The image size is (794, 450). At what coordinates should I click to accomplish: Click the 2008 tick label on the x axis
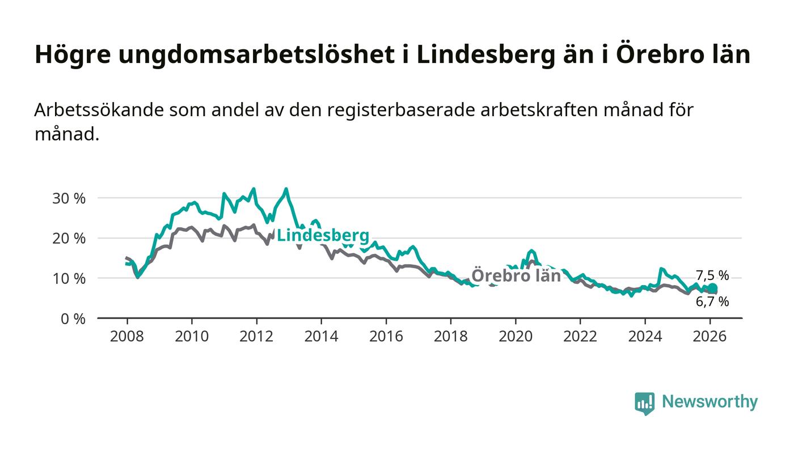click(127, 336)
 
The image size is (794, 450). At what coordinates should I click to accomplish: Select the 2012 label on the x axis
click(256, 336)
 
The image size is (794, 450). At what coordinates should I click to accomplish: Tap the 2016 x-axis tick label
click(386, 336)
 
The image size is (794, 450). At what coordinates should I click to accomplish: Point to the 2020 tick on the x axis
click(515, 336)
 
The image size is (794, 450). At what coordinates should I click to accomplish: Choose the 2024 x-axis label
click(645, 336)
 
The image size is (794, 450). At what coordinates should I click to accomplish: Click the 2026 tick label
click(709, 336)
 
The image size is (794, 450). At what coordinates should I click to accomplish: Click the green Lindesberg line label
click(323, 235)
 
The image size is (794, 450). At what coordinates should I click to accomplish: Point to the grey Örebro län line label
click(516, 276)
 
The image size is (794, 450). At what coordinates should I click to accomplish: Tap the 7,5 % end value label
click(712, 276)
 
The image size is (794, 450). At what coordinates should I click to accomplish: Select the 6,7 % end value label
click(712, 302)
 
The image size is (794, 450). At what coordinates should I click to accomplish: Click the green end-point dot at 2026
click(712, 288)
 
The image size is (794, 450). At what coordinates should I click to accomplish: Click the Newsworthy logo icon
click(644, 403)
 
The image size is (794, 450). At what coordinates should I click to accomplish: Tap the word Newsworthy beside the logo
click(709, 402)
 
